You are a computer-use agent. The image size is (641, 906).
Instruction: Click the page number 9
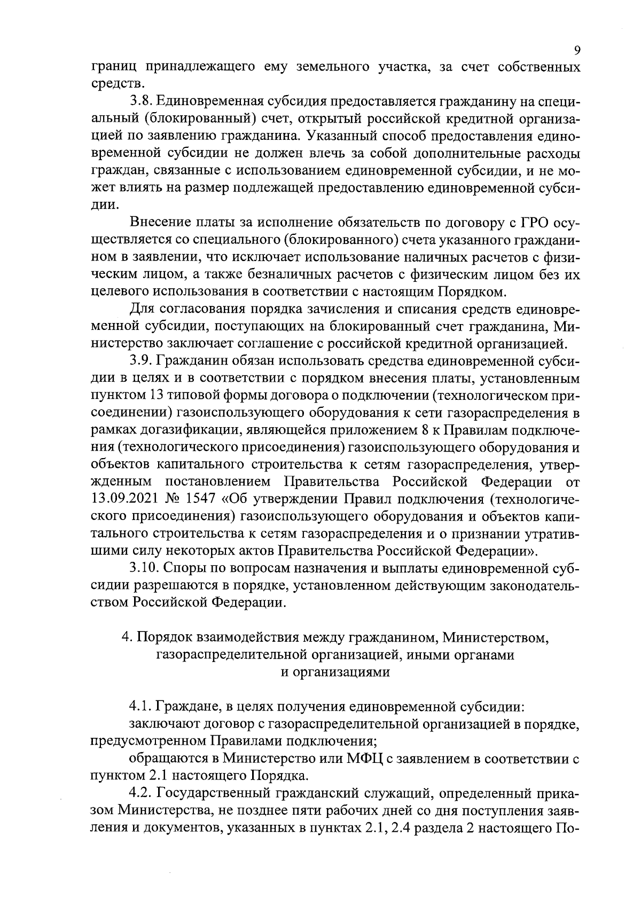pyautogui.click(x=577, y=51)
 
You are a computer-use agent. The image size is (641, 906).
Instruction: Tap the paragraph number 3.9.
pyautogui.click(x=140, y=361)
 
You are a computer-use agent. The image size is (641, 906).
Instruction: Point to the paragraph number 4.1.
pyautogui.click(x=140, y=707)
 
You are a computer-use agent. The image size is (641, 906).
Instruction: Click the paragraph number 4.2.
pyautogui.click(x=140, y=794)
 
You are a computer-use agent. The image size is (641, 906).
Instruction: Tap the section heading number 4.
pyautogui.click(x=126, y=637)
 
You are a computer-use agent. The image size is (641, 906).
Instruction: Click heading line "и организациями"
pyautogui.click(x=335, y=672)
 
